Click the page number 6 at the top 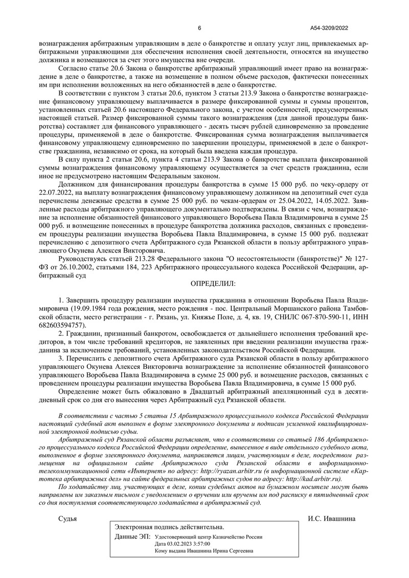point(199,28)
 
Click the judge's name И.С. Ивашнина point(332,518)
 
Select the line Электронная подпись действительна point(169,527)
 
